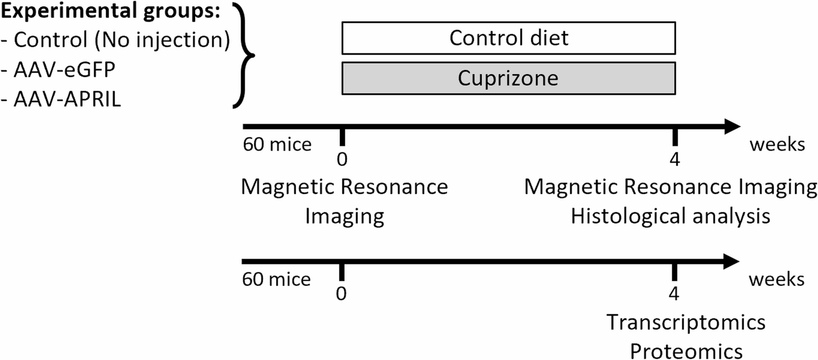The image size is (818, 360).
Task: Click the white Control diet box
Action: pos(508,38)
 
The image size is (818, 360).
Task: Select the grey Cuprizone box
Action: pos(508,78)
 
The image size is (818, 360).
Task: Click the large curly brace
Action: pos(243,55)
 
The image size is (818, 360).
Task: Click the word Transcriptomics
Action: pos(686,322)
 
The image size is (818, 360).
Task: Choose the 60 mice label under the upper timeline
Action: pos(276,145)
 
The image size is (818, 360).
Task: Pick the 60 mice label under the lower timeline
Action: pos(276,280)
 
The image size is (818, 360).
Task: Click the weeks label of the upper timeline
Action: pos(777,145)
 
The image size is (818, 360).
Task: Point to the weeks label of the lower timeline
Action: pos(777,280)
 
